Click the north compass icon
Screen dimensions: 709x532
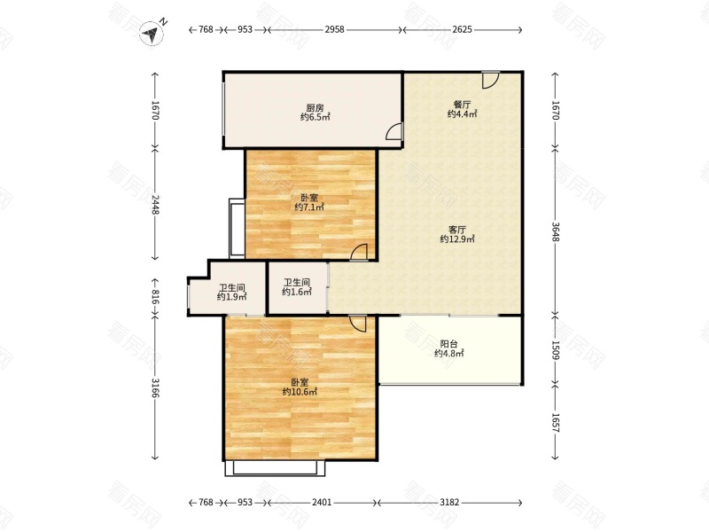tap(152, 33)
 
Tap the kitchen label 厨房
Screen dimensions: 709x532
tap(315, 108)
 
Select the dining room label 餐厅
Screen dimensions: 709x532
tap(462, 105)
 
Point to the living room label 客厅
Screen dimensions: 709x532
tap(457, 230)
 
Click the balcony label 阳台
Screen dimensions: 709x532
tap(448, 344)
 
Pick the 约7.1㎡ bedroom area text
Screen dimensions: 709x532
tap(309, 207)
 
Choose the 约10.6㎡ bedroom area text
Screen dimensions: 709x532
tap(300, 392)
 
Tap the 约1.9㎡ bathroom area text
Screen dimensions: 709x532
tap(231, 297)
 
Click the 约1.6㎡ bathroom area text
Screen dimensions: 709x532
tap(297, 292)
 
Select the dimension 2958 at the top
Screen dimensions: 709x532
tap(334, 29)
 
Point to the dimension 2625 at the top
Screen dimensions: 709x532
tap(462, 29)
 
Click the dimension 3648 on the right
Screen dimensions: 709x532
tap(556, 231)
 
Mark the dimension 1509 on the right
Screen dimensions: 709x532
tap(556, 350)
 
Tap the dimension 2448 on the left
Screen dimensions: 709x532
tap(155, 204)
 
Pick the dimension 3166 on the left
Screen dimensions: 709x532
tap(155, 387)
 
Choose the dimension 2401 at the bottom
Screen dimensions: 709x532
tap(322, 502)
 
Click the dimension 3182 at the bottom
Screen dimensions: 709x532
tap(449, 502)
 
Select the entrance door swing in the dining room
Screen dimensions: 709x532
tap(490, 80)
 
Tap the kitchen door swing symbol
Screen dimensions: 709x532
tap(393, 131)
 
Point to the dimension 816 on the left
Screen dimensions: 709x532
tap(155, 297)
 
